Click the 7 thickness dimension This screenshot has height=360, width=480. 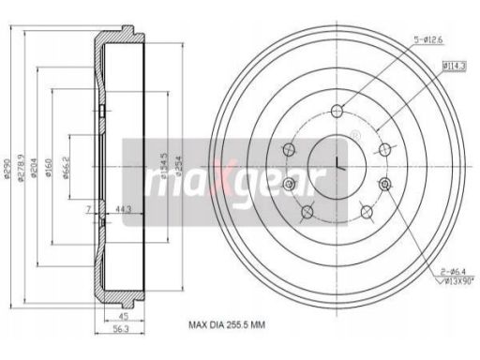(x=89, y=207)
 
